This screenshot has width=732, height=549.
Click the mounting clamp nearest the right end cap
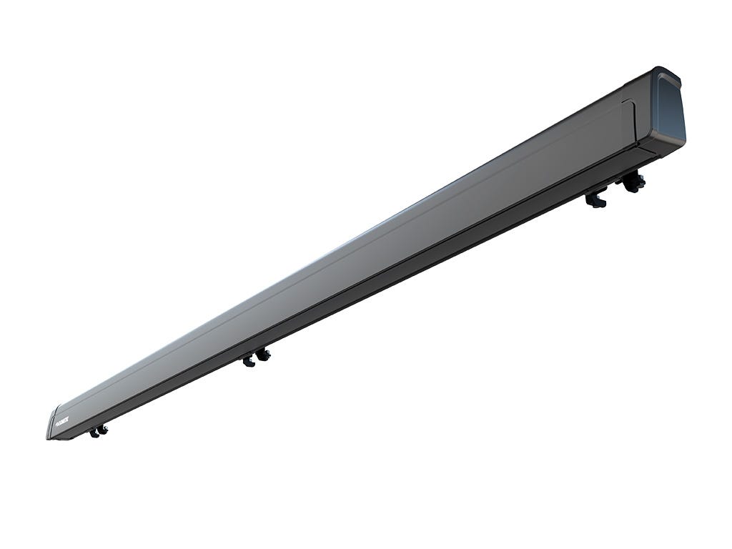(633, 183)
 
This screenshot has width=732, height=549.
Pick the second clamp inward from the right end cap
(595, 199)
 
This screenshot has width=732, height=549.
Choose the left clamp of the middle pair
(249, 361)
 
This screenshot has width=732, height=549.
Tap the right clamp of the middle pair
(264, 354)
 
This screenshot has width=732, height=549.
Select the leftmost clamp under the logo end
(94, 432)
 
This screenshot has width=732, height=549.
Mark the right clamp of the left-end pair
(103, 429)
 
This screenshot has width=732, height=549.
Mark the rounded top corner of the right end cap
(675, 75)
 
